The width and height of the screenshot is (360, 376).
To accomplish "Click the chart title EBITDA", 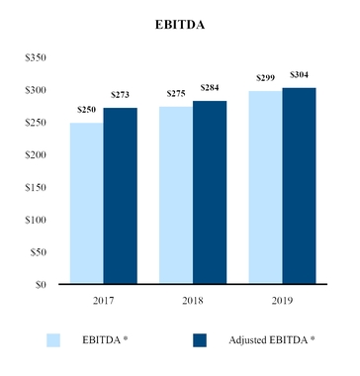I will (x=179, y=20).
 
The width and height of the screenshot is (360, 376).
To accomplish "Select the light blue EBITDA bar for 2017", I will (x=86, y=203).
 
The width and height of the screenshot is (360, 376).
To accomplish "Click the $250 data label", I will (x=86, y=110).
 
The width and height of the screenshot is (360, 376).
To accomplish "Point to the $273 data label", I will (x=119, y=95).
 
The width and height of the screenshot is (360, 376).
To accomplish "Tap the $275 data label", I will (x=175, y=94).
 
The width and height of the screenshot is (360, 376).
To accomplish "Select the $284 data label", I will (x=209, y=88).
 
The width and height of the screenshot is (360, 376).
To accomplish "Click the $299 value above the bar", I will (x=264, y=78).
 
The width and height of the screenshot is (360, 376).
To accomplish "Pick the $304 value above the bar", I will (x=299, y=75).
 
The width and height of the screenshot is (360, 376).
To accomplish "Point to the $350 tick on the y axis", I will (x=36, y=57).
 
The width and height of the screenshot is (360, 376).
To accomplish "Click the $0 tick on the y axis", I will (x=41, y=285).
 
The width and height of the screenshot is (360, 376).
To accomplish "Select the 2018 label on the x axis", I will (x=192, y=300).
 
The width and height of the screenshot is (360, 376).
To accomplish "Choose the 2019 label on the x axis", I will (x=281, y=300).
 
